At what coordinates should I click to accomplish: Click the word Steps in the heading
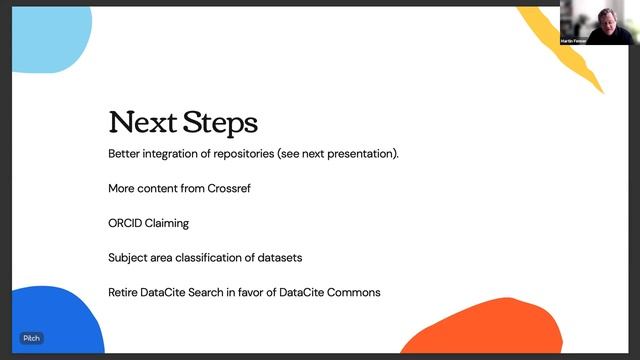point(221,123)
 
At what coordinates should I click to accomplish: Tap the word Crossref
point(229,188)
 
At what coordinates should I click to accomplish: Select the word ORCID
point(125,223)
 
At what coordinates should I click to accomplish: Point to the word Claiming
point(170,223)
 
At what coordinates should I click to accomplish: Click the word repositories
point(246,154)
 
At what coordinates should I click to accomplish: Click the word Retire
point(123,292)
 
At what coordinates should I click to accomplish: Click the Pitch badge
point(32,338)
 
